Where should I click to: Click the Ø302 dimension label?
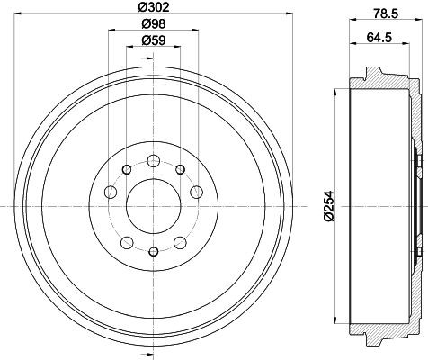(x=154, y=6)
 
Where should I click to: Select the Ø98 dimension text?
(x=154, y=23)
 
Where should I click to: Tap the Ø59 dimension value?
(x=154, y=40)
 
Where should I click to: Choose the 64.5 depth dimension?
(x=379, y=38)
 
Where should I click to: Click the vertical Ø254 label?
(x=329, y=206)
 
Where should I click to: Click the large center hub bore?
(x=154, y=206)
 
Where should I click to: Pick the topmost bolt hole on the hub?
(x=154, y=161)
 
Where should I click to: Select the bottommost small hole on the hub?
(x=154, y=251)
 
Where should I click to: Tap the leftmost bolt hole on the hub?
(x=111, y=192)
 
